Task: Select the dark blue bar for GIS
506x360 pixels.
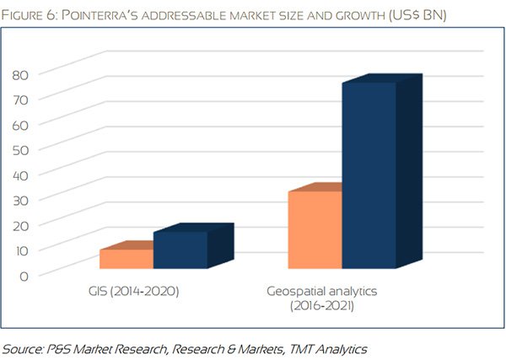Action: (180, 250)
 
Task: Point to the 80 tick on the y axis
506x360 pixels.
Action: (20, 73)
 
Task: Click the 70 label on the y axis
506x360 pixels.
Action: (20, 99)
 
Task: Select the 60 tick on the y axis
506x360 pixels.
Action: (20, 124)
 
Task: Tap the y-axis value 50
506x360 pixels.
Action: (20, 149)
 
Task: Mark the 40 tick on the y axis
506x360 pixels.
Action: (20, 175)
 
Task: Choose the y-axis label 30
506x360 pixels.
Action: (20, 199)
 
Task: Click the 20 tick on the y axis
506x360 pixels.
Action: (20, 224)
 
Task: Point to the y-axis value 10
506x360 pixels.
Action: (20, 250)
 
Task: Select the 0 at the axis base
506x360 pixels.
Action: (24, 275)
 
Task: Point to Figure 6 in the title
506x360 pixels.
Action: (35, 14)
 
